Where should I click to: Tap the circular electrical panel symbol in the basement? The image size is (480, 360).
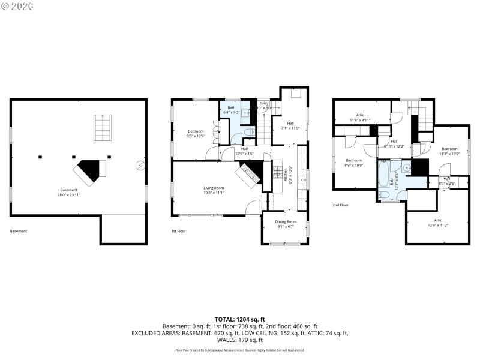point(140,166)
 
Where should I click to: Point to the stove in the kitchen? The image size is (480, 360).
point(278,173)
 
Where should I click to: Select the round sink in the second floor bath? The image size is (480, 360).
point(406,169)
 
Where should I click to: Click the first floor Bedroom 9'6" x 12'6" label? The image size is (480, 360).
point(196,133)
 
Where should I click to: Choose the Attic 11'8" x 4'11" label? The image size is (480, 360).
point(360,118)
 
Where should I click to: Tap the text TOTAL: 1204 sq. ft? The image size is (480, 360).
point(240,319)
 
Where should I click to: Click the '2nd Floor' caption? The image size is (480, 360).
point(340,205)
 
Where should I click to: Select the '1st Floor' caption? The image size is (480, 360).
point(179,231)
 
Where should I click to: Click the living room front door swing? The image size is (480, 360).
point(253,208)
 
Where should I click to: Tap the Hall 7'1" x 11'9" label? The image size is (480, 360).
point(290,125)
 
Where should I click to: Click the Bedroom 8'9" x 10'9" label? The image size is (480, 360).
point(353,163)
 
